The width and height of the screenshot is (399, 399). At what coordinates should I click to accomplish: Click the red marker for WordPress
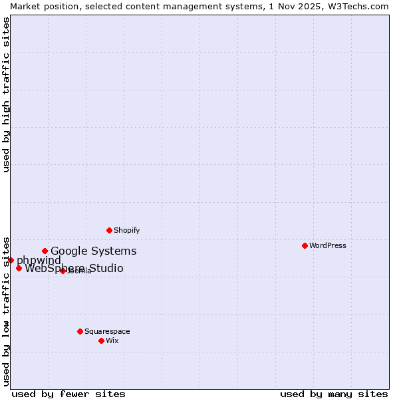click(305, 245)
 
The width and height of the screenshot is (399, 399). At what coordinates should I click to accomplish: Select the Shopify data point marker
click(109, 230)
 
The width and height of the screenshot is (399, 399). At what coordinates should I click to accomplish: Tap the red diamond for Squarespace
click(80, 331)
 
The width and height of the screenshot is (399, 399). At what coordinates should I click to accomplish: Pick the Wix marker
click(101, 340)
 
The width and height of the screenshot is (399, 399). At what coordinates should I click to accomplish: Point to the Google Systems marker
click(45, 251)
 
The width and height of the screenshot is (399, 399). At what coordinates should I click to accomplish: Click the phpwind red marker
click(11, 260)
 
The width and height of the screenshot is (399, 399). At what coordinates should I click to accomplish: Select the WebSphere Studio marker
click(19, 268)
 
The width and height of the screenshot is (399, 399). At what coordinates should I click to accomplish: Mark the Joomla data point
click(63, 271)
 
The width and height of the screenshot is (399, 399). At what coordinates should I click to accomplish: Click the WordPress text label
click(328, 245)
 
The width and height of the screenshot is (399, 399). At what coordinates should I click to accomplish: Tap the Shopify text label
click(126, 230)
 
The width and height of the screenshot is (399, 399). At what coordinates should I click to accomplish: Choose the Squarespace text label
click(107, 331)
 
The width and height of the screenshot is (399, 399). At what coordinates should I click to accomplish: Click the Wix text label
click(112, 340)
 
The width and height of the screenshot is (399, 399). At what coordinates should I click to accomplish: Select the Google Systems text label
click(94, 251)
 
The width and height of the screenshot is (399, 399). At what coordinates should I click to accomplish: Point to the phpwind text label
click(39, 260)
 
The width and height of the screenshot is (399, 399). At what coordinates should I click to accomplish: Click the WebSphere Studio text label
click(74, 268)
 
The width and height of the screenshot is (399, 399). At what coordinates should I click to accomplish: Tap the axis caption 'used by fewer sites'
click(68, 394)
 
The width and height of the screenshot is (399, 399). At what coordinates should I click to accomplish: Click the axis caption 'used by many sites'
click(334, 394)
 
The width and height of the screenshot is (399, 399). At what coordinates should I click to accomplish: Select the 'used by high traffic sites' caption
click(6, 94)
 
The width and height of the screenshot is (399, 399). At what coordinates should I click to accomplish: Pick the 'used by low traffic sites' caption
click(6, 311)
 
